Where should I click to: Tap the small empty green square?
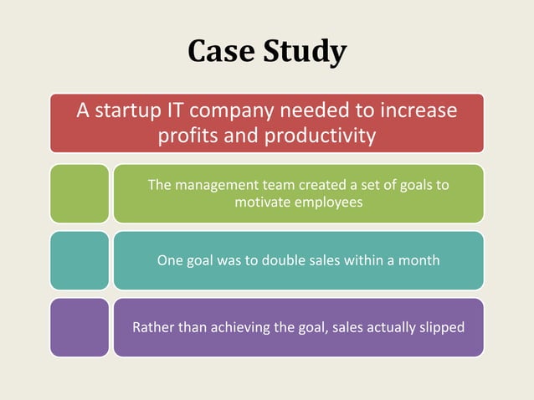79,193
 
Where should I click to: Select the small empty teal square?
79,260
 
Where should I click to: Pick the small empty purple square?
79,327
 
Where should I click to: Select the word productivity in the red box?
321,136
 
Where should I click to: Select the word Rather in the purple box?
153,327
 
